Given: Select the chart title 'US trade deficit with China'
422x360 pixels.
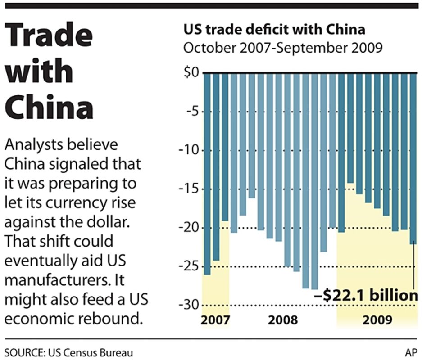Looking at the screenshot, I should (x=274, y=31).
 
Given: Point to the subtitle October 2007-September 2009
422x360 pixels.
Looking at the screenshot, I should (x=283, y=48).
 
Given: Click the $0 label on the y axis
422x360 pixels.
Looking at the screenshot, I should (x=190, y=73).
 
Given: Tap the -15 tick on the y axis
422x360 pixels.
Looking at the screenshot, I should (x=189, y=189).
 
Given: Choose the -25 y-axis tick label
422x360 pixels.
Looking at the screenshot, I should (x=189, y=266).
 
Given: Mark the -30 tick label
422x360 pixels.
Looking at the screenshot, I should (x=189, y=305).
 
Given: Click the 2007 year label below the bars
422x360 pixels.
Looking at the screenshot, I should (x=216, y=320).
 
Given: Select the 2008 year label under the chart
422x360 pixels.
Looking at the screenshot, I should (x=283, y=320).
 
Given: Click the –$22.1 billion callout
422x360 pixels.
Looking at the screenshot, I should (x=366, y=296).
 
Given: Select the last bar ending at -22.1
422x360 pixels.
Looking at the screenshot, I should (x=413, y=157).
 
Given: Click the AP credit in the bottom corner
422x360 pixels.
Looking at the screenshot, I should (x=411, y=352).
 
